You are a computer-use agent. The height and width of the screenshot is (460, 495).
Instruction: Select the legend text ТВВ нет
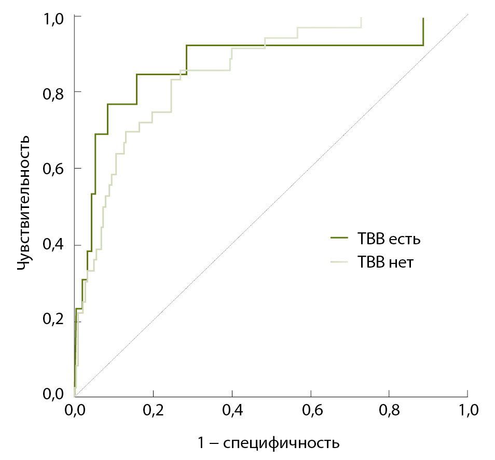click(x=386, y=262)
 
